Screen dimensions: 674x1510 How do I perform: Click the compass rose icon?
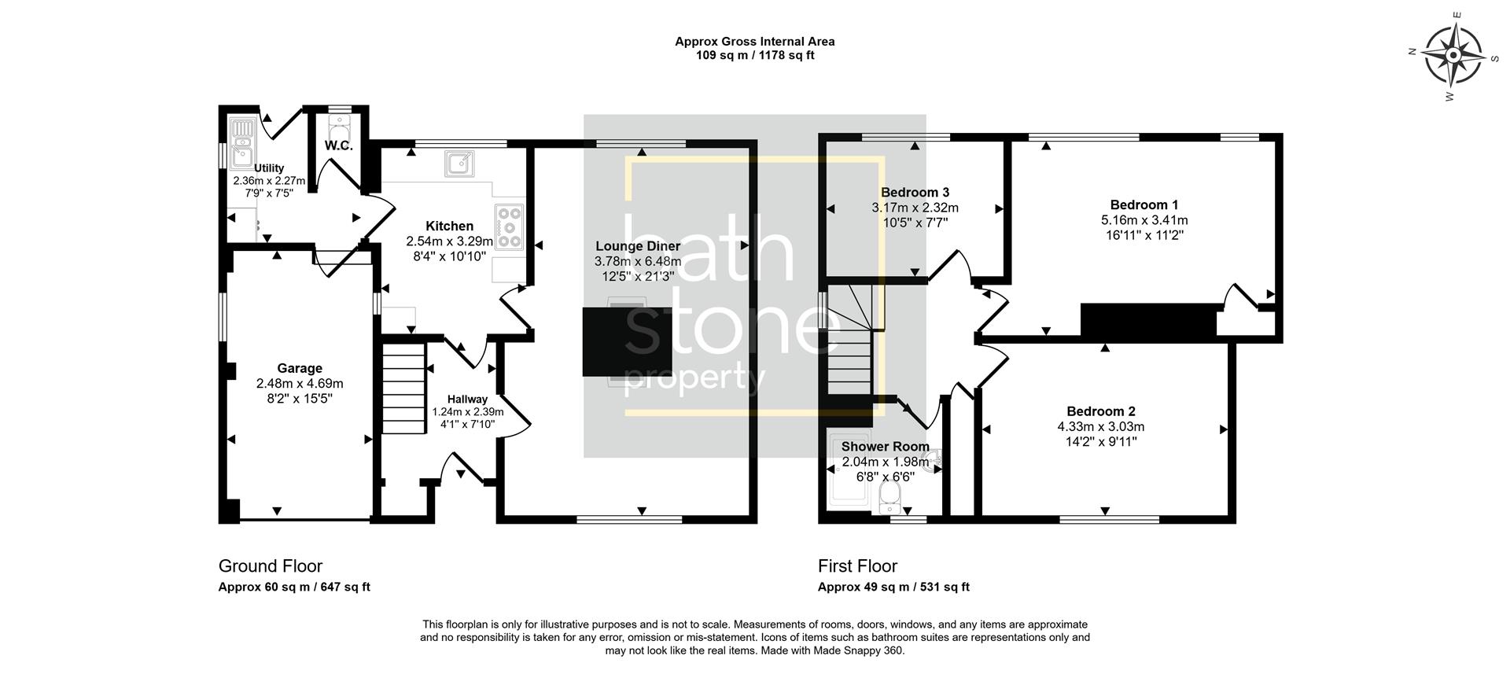tap(1453, 55)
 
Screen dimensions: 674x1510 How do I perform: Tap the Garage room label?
tap(300, 368)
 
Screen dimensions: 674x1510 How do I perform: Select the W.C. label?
tap(339, 145)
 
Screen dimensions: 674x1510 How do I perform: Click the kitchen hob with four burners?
tap(510, 227)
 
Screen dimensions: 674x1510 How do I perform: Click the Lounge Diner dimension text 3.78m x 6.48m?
tap(638, 261)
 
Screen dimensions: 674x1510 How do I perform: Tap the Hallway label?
tap(467, 400)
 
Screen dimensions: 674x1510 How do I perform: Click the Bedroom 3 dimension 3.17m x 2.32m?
tap(915, 208)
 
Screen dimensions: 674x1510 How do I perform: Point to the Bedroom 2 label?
tap(1100, 411)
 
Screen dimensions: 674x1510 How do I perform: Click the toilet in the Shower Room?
tap(889, 496)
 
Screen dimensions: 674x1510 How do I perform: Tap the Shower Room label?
tap(885, 447)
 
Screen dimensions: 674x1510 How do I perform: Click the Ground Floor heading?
tap(270, 565)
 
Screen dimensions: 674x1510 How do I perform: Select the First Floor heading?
tap(857, 565)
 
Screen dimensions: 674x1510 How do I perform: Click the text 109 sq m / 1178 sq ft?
tap(754, 55)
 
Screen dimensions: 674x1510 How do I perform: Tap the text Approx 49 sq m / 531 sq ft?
tap(893, 587)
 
